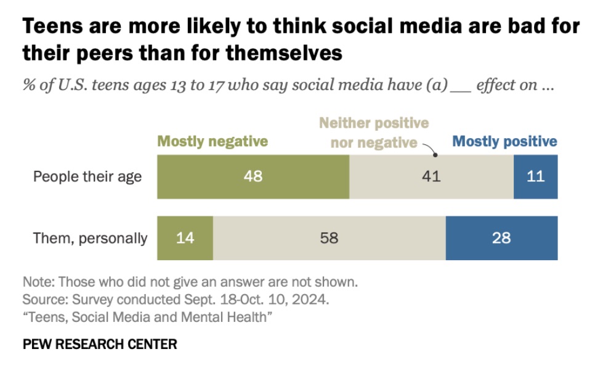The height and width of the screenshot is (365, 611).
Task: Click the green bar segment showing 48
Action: pos(253,176)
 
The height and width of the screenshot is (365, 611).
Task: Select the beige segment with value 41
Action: pos(431,176)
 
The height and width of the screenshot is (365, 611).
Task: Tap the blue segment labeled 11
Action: pos(535,176)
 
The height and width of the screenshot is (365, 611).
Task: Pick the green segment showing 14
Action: pos(185,238)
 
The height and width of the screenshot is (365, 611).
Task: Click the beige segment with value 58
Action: pos(329,238)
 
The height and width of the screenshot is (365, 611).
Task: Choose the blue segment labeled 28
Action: pos(501,238)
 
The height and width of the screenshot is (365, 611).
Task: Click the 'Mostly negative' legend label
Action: pos(212,141)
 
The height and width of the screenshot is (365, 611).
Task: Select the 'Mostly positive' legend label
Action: pos(504,141)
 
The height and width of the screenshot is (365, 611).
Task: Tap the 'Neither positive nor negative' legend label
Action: pos(374,133)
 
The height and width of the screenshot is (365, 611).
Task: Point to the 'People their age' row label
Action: pos(87,177)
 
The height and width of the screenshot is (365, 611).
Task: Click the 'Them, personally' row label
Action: pos(91,239)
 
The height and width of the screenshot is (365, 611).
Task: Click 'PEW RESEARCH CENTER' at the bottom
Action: pos(100,344)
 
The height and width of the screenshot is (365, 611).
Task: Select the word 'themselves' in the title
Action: pos(283,53)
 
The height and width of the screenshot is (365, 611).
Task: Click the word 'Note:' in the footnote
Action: pos(38,282)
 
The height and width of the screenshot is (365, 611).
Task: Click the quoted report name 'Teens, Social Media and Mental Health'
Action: pos(148,318)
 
